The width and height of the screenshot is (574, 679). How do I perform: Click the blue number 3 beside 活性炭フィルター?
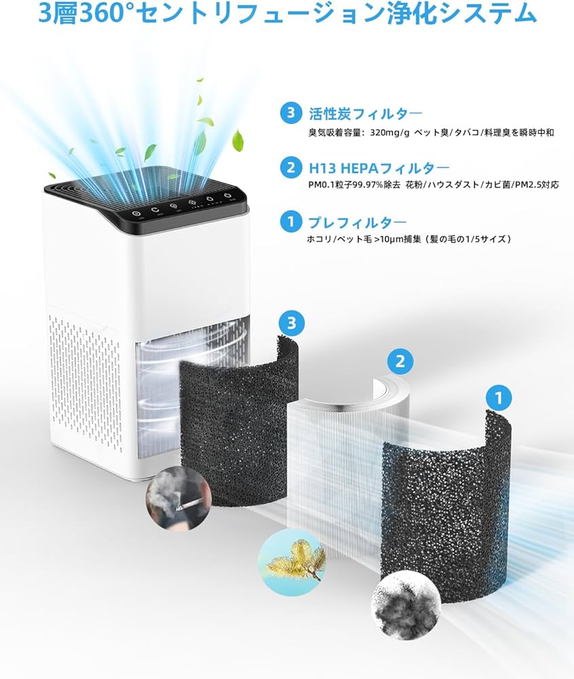pos(291,113)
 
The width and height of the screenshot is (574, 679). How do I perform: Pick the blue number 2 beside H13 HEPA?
pos(291,167)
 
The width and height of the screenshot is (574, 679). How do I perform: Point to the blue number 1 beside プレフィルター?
pos(291,222)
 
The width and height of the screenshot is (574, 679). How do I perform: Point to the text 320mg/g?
pos(392,132)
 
